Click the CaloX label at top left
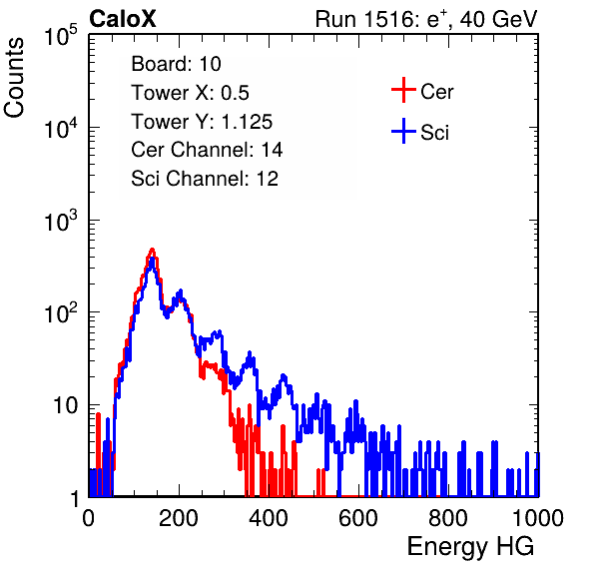[123, 19]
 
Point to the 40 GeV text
[498, 19]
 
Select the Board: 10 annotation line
[176, 64]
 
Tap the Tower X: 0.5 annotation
[190, 93]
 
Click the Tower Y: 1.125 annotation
[202, 122]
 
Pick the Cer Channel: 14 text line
[207, 150]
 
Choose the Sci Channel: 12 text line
[205, 179]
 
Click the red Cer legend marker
[403, 90]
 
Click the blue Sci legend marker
[403, 132]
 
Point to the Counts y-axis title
[14, 78]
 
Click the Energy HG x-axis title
[470, 547]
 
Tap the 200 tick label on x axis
[179, 518]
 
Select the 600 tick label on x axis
[358, 518]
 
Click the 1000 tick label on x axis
[538, 518]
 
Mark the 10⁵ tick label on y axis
[61, 36]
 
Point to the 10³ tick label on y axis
[61, 221]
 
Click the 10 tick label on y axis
[65, 405]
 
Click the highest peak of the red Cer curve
[152, 250]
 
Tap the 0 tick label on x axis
[89, 518]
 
